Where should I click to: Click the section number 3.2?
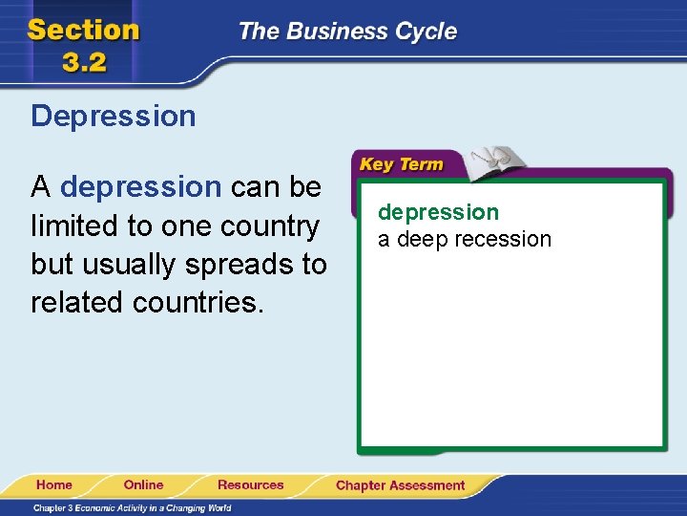point(84,62)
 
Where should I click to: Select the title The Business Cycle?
point(347,32)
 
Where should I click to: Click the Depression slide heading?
point(113,117)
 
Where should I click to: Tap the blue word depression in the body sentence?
point(140,187)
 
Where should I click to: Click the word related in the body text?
point(78,302)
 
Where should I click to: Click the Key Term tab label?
point(401,164)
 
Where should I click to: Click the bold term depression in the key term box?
point(438,212)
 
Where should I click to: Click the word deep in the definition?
point(421,239)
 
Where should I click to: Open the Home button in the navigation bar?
point(54,484)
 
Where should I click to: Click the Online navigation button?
point(143,484)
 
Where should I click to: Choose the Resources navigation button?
point(250,484)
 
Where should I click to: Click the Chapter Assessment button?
point(400,485)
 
